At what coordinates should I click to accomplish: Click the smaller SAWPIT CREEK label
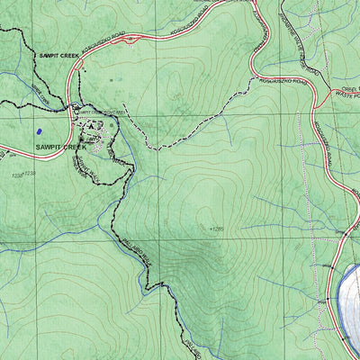58,55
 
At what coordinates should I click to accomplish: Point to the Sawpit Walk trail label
83,166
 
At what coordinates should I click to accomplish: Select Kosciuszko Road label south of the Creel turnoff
322,144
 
